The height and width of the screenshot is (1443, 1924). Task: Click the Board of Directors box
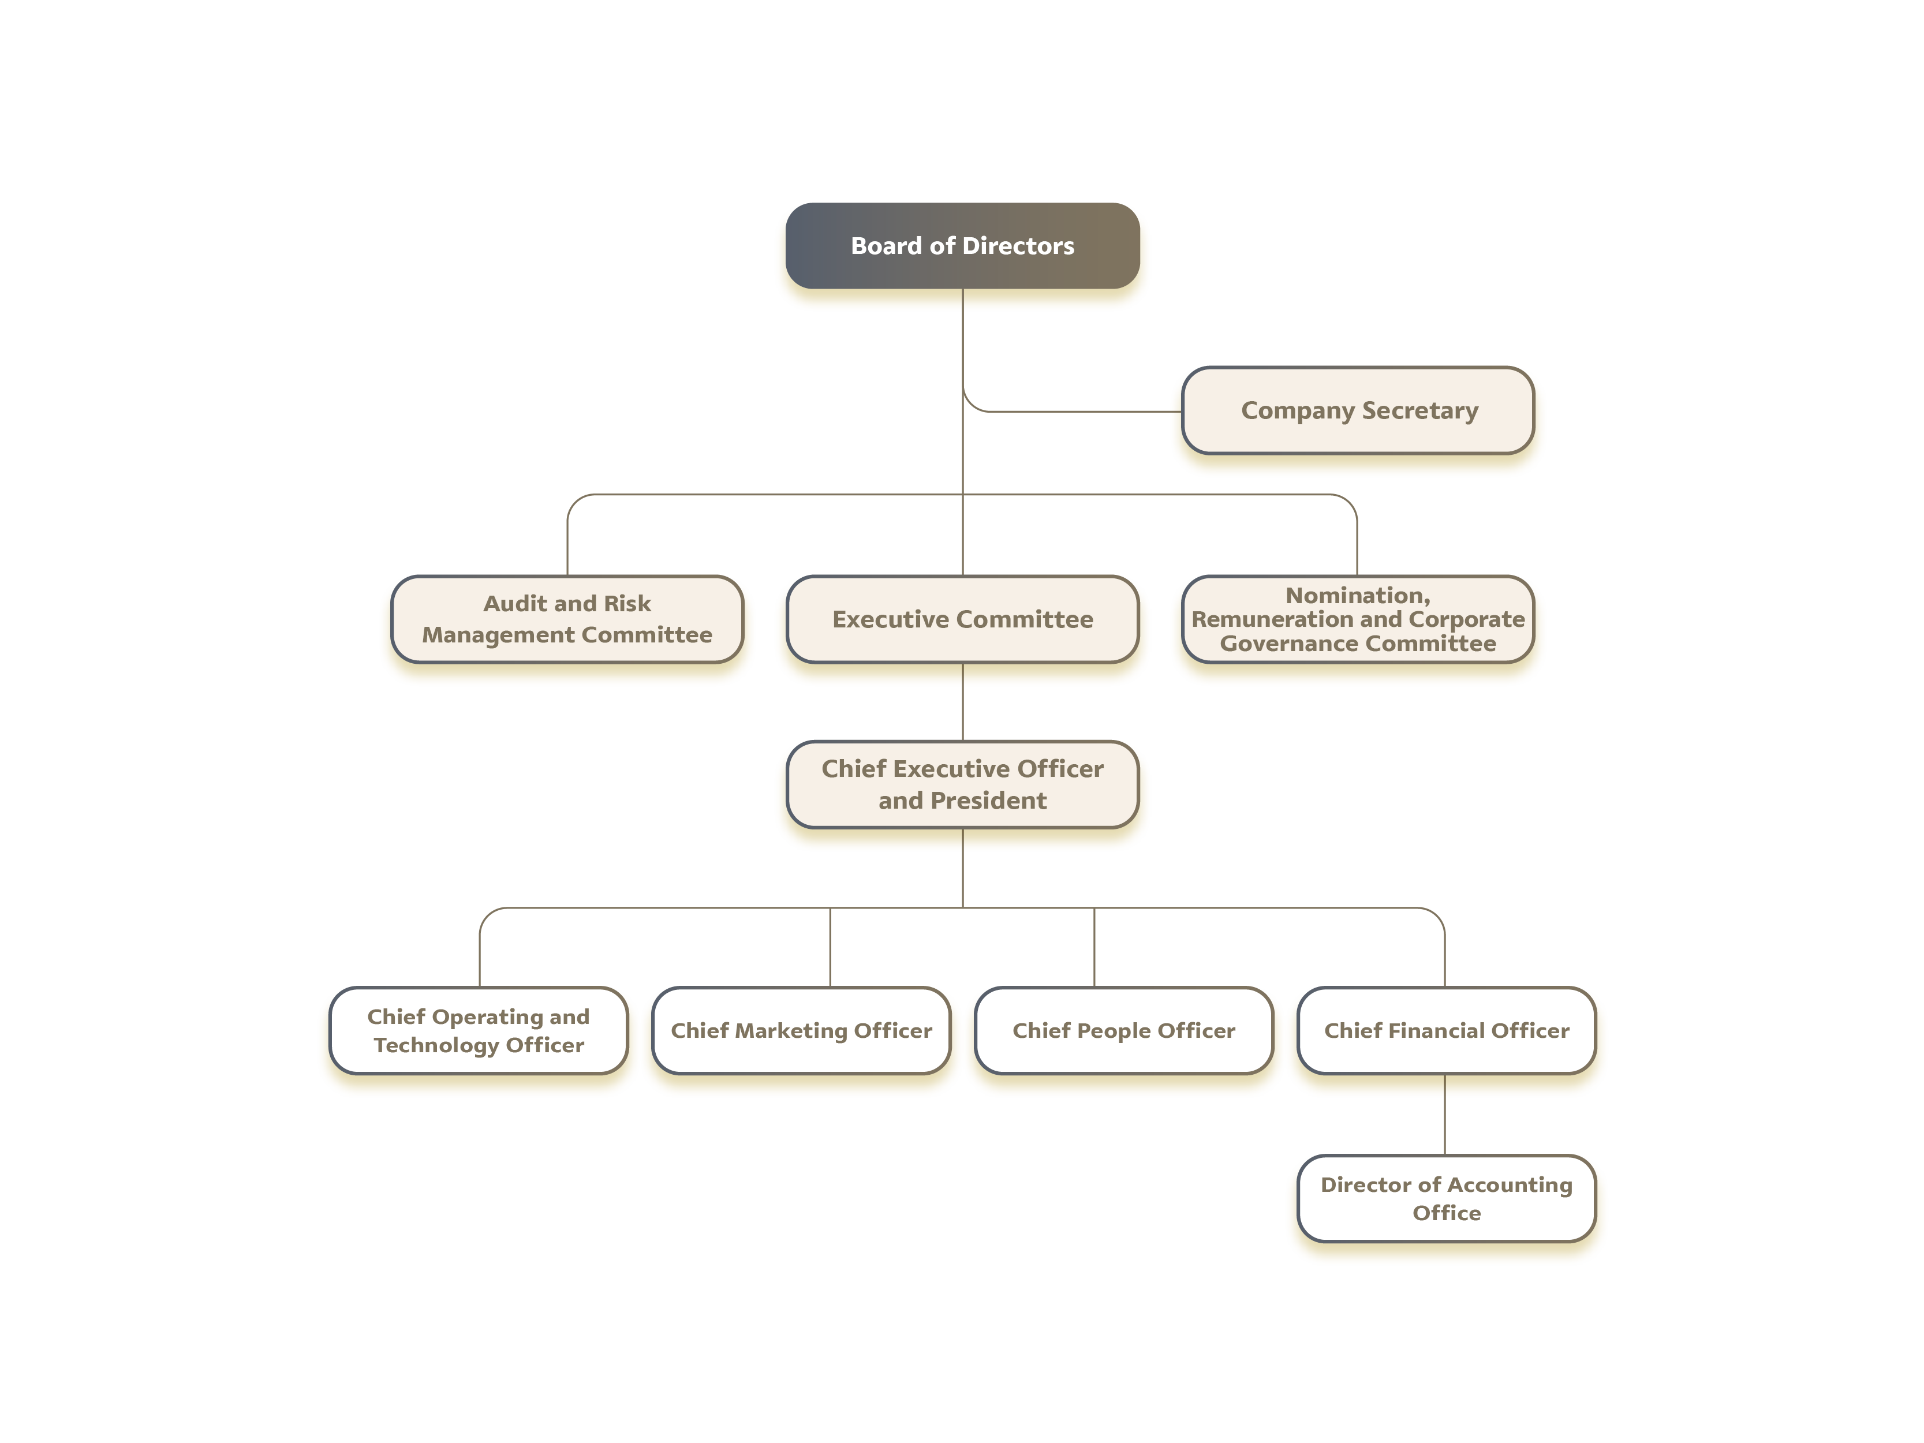[x=962, y=245]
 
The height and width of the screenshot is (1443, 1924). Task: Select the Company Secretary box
[x=1358, y=410]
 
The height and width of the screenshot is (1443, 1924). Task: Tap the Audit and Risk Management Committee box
[x=567, y=619]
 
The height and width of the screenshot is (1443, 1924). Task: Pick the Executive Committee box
[x=962, y=619]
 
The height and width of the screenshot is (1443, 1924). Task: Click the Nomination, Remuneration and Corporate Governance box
[x=1358, y=619]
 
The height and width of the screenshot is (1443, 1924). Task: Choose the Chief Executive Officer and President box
[x=962, y=784]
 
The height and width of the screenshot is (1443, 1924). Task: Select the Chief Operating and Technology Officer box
[x=479, y=1031]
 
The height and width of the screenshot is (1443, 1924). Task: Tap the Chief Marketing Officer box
[x=801, y=1031]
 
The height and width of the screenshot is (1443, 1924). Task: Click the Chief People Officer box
[x=1124, y=1031]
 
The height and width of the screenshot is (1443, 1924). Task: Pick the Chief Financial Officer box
[x=1447, y=1031]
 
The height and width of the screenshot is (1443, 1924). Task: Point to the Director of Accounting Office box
[x=1447, y=1199]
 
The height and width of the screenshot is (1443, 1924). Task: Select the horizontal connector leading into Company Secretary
[x=1085, y=410]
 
